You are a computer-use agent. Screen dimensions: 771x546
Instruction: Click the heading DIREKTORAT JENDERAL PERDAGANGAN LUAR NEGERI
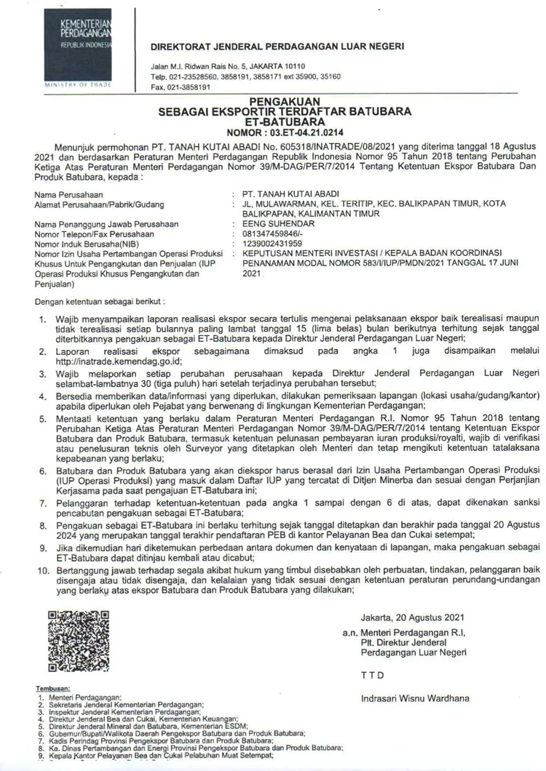point(277,47)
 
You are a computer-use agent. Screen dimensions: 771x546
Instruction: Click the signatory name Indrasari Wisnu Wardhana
point(415,699)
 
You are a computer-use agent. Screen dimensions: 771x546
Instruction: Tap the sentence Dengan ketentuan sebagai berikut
point(99,300)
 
